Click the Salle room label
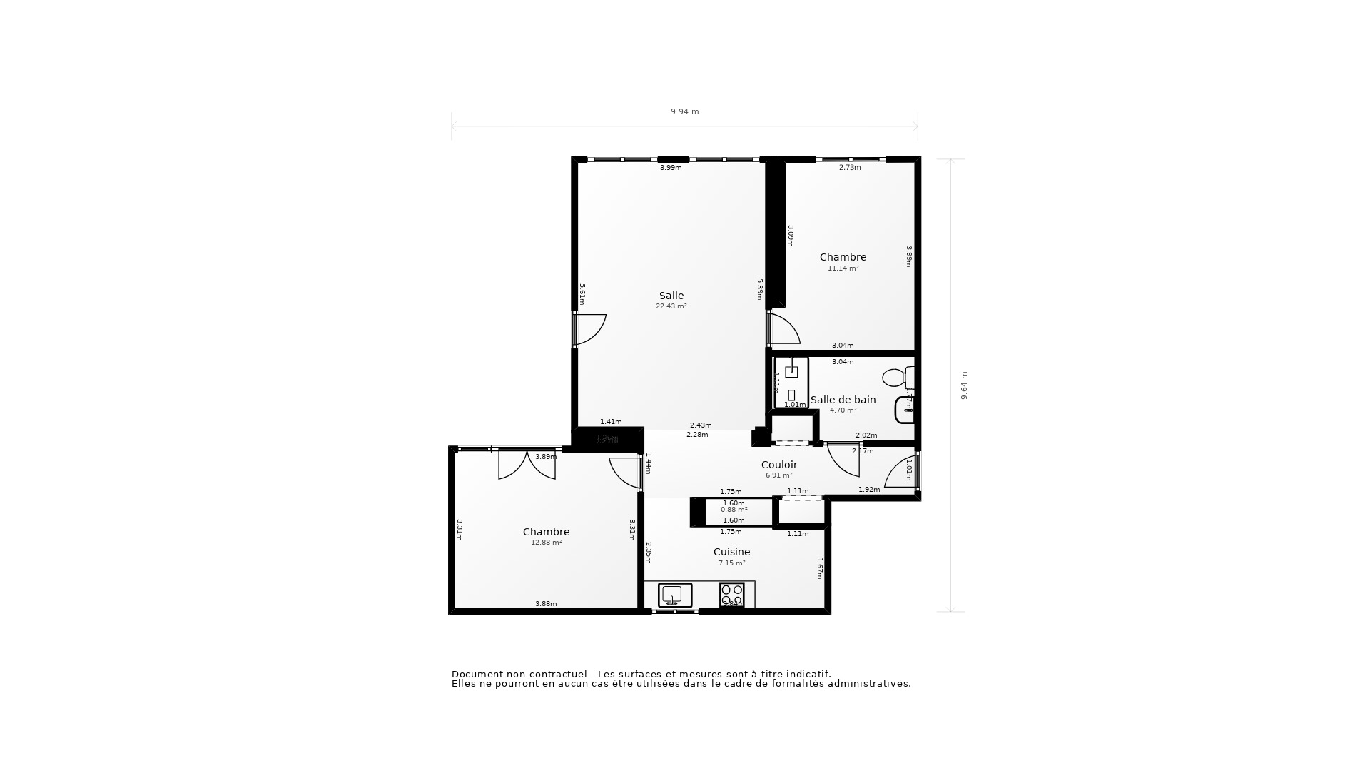coord(671,296)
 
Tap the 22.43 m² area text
coord(671,306)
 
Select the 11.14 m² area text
coord(843,268)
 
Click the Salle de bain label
coord(843,400)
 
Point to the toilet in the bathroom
coord(898,377)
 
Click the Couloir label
coord(779,465)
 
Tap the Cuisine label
coord(731,552)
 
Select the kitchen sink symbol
coord(674,595)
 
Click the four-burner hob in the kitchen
coord(732,595)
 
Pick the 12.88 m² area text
coord(546,543)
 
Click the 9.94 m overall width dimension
coord(684,111)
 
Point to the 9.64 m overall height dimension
coord(964,385)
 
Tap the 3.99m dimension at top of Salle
coord(671,168)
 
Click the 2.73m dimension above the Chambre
coord(850,168)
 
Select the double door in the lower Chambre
coord(527,464)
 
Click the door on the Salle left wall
coord(589,330)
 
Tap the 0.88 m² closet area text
coord(734,510)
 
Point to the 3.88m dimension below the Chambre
coord(546,604)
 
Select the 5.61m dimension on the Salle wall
coord(582,294)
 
